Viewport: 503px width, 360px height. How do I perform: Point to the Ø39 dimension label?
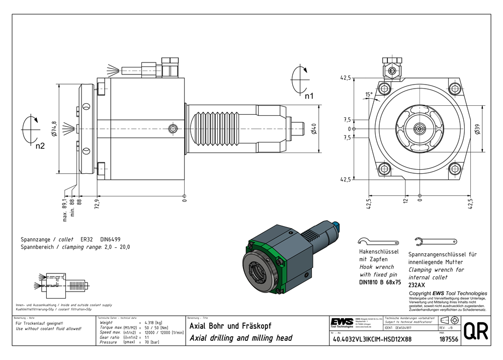click(477, 128)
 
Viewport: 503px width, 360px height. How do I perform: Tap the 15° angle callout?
click(370, 95)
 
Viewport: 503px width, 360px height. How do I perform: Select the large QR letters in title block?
click(474, 331)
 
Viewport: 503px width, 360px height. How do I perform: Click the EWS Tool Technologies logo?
click(342, 323)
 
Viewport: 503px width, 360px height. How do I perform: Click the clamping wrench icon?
click(436, 241)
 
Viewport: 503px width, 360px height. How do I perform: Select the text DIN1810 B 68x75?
click(380, 282)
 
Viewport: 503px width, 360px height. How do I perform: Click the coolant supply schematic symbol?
click(61, 282)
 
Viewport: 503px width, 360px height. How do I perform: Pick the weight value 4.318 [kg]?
click(153, 322)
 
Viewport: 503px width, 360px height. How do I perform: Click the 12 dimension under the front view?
click(405, 202)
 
